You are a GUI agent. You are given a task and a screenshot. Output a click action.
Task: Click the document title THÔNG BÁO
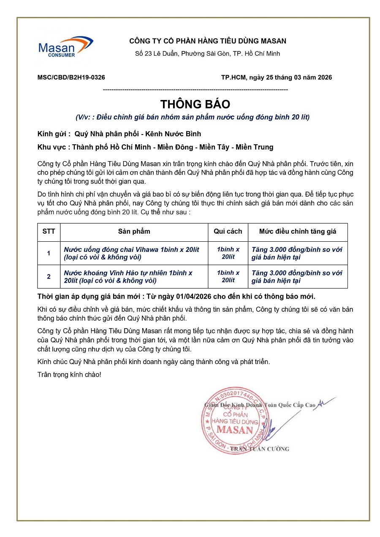(195, 104)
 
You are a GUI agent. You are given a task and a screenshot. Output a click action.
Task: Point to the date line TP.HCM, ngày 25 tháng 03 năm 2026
(277, 77)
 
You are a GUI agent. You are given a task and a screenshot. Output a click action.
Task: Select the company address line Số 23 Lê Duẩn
(207, 54)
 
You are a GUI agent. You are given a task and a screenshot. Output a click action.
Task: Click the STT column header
(49, 232)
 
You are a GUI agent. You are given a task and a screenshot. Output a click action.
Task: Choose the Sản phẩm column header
(134, 232)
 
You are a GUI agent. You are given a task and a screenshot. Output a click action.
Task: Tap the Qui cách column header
(228, 232)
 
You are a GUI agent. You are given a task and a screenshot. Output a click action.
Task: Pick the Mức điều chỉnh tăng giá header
(297, 232)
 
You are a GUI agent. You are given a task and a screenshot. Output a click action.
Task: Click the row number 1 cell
(49, 253)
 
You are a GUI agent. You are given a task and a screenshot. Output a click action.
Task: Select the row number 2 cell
(49, 277)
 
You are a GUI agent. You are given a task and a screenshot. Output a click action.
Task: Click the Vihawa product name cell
(134, 253)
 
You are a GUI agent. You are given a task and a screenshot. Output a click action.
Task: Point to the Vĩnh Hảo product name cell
(134, 277)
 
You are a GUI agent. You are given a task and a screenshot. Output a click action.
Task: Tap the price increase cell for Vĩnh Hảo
(297, 277)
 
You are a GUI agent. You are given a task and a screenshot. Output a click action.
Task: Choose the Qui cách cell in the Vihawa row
(228, 253)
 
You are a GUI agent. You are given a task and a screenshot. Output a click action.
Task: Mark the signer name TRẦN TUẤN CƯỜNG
(259, 449)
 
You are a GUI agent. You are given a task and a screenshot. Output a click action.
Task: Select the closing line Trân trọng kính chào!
(69, 374)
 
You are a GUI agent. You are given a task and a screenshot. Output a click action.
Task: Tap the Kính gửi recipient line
(119, 134)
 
